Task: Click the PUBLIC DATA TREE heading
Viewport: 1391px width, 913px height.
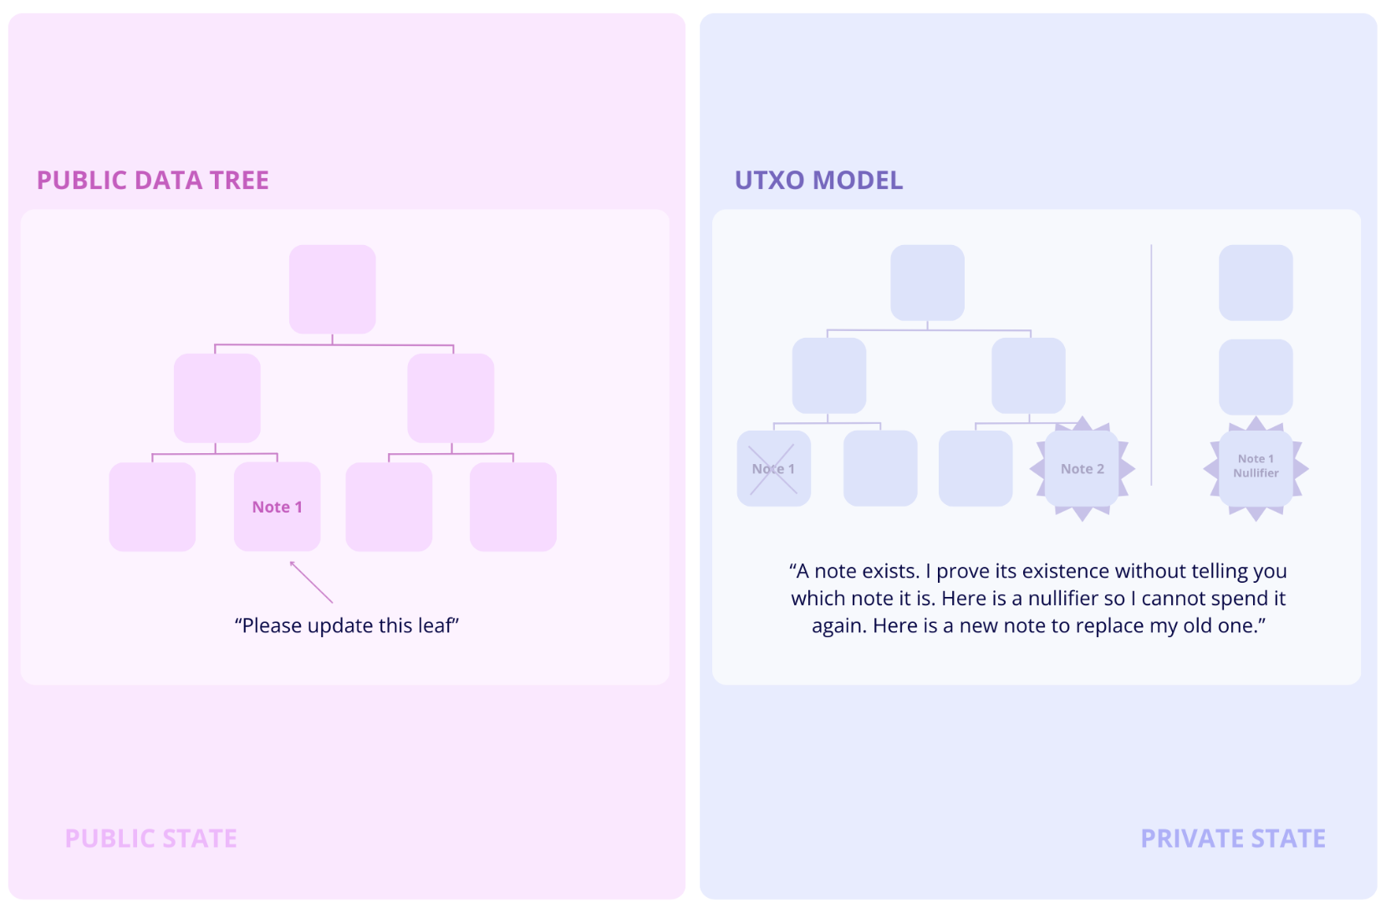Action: click(153, 181)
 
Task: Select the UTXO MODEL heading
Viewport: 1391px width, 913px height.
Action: click(818, 181)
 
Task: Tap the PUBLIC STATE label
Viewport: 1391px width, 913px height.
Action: click(151, 839)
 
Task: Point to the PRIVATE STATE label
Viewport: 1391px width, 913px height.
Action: click(1233, 839)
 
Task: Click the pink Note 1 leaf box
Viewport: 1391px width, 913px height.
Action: click(278, 507)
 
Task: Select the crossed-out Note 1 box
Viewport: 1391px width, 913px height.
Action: click(773, 469)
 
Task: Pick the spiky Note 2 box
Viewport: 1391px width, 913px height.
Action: click(1083, 469)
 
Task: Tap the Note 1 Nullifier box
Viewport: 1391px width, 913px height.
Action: click(1256, 467)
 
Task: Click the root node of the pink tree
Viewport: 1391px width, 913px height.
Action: click(333, 289)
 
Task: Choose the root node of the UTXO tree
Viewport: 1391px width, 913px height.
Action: click(928, 283)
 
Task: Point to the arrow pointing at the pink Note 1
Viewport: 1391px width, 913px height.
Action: click(310, 581)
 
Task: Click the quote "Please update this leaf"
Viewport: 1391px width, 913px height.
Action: click(347, 625)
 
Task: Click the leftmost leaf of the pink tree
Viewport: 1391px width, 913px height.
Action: click(152, 507)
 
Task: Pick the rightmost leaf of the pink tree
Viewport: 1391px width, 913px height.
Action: click(513, 507)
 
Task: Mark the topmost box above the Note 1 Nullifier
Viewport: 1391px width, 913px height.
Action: click(1256, 283)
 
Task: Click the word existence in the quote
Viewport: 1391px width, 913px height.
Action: click(1067, 571)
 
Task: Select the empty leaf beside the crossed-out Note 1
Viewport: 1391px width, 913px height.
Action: click(880, 469)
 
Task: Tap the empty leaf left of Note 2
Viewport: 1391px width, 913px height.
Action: click(976, 469)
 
